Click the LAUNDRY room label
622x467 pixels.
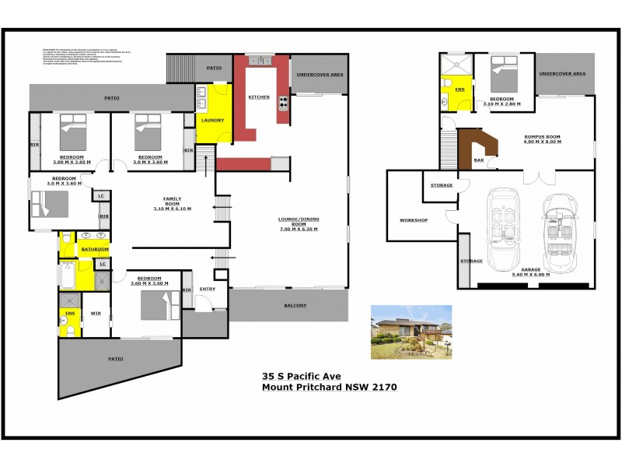click(212, 120)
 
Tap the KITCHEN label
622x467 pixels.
click(259, 97)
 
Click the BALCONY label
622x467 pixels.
click(295, 305)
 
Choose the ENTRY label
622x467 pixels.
click(207, 290)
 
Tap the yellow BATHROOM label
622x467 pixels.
click(95, 249)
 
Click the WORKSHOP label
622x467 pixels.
click(414, 220)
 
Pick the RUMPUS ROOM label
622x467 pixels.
click(543, 137)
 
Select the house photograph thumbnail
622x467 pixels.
click(411, 332)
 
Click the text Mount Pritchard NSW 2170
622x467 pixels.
click(330, 387)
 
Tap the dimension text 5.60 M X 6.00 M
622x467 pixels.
click(531, 275)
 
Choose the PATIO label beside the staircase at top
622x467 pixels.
click(214, 68)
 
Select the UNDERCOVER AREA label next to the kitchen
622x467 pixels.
click(320, 75)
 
